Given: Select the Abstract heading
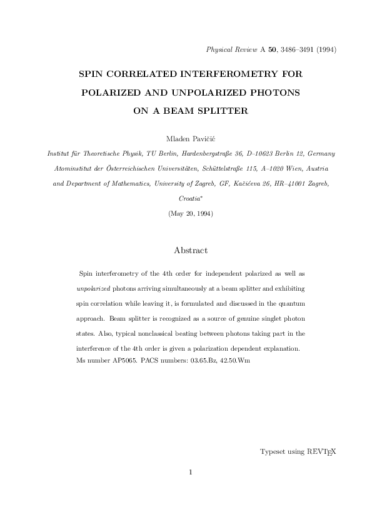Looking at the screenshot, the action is coord(191,250).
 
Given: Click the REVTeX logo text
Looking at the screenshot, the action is coord(321,451).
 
